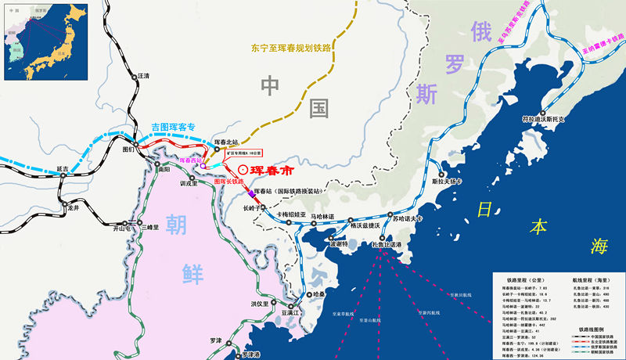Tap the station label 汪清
coord(142,76)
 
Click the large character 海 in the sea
coord(599,247)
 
